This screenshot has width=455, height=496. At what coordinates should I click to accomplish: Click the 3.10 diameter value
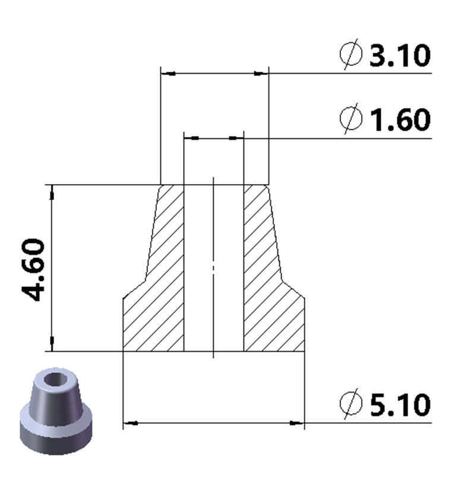(399, 56)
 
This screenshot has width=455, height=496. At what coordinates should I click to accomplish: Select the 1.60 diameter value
(399, 120)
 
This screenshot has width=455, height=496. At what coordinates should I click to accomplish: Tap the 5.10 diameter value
(399, 405)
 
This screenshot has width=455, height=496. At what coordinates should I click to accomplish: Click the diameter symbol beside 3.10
(351, 56)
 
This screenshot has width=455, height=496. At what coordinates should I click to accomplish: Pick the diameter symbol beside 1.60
(351, 119)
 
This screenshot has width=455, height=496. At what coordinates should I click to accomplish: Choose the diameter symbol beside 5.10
(351, 405)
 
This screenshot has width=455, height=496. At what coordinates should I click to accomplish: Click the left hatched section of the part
(157, 285)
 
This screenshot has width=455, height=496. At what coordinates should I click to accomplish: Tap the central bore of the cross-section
(214, 267)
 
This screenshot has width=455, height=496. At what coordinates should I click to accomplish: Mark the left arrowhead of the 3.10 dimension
(169, 74)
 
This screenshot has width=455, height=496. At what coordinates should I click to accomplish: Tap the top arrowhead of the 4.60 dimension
(52, 192)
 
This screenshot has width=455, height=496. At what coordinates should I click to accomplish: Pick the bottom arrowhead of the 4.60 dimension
(52, 343)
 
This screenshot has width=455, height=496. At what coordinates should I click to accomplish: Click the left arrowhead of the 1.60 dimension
(191, 138)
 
